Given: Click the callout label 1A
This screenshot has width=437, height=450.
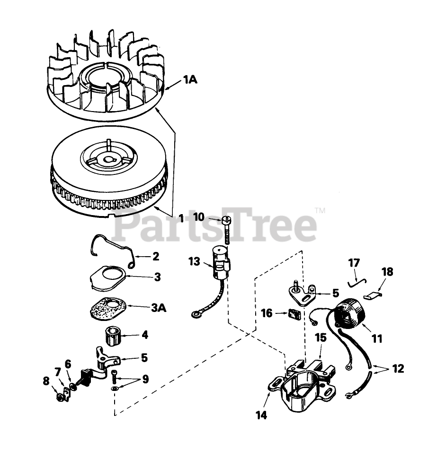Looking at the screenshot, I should pyautogui.click(x=190, y=80).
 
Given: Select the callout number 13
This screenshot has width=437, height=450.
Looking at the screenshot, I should pyautogui.click(x=194, y=261).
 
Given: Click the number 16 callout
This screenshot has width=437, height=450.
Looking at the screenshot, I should pyautogui.click(x=267, y=313).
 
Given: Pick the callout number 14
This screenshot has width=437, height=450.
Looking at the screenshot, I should pyautogui.click(x=261, y=415).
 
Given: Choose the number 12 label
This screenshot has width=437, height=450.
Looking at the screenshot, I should pyautogui.click(x=398, y=368).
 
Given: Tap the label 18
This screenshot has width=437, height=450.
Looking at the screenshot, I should pyautogui.click(x=387, y=272).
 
